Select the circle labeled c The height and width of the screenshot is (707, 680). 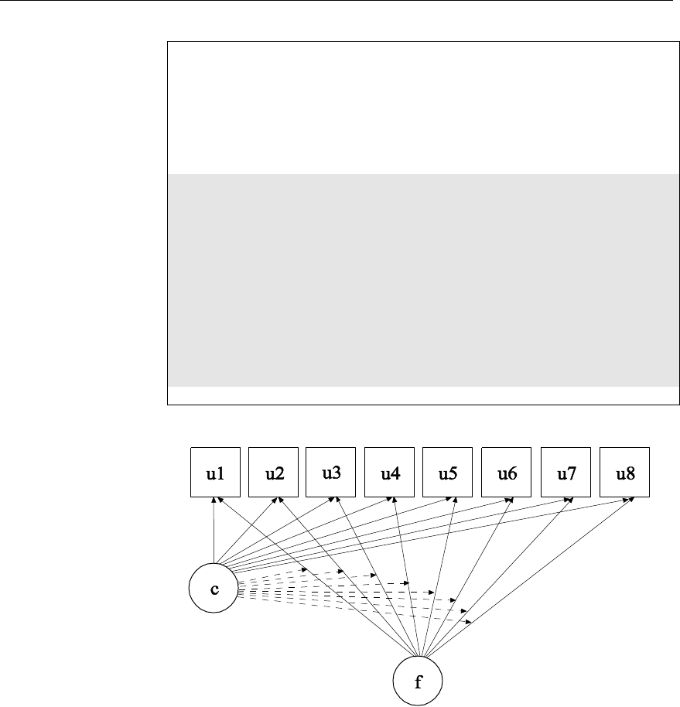214,588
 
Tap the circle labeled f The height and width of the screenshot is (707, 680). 418,681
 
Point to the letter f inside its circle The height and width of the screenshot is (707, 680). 418,681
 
